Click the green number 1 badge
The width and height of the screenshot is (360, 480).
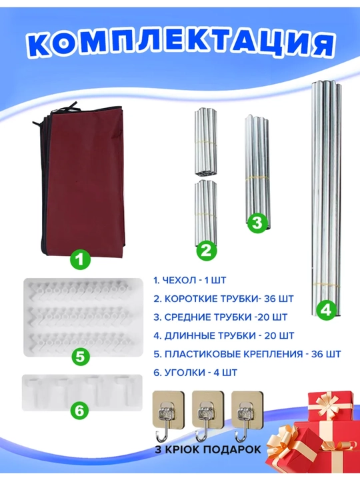point(80,260)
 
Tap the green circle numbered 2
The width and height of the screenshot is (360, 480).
point(206,251)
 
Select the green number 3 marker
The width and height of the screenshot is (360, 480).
point(257,223)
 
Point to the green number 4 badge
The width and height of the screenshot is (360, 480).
point(326,311)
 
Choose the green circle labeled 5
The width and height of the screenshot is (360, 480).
point(81,357)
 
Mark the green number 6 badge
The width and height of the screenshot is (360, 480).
point(79,410)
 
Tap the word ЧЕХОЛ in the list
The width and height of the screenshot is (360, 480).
point(176,280)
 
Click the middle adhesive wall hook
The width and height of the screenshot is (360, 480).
point(208,416)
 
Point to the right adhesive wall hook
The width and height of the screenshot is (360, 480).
point(247,416)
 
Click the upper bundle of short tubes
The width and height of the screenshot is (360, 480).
point(206,141)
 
